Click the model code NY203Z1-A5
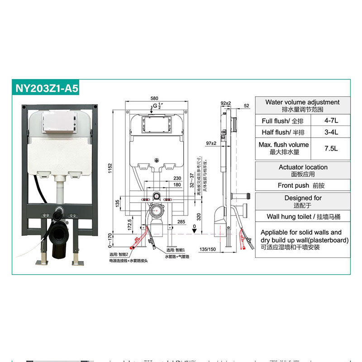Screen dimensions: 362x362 [47, 87]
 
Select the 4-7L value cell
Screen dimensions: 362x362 [331, 121]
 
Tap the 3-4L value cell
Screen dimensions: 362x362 [331, 132]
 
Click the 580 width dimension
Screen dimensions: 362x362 [154, 98]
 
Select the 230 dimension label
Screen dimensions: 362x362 [177, 178]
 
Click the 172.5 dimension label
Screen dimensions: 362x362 [129, 224]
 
